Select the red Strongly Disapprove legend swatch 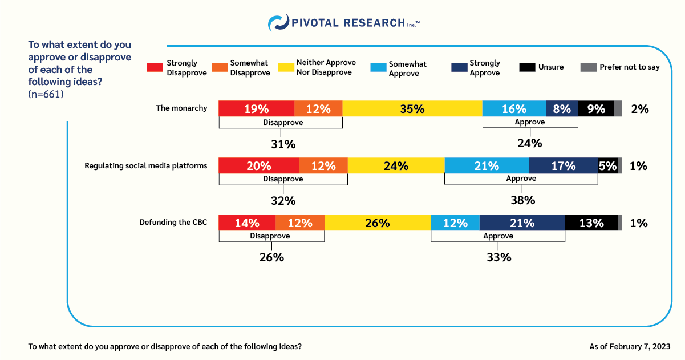pyautogui.click(x=155, y=67)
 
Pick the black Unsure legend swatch pyautogui.click(x=526, y=67)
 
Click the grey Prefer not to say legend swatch pyautogui.click(x=587, y=67)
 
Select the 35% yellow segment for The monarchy pyautogui.click(x=412, y=108)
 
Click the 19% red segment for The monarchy pyautogui.click(x=257, y=108)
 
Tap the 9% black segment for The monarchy pyautogui.click(x=595, y=108)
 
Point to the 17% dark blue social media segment pyautogui.click(x=564, y=165)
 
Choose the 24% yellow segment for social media pyautogui.click(x=396, y=165)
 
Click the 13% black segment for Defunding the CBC pyautogui.click(x=591, y=223)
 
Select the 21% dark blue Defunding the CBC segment pyautogui.click(x=522, y=223)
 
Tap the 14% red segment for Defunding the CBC pyautogui.click(x=247, y=223)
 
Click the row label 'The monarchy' pyautogui.click(x=181, y=108)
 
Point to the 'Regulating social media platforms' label pyautogui.click(x=145, y=165)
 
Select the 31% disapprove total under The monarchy pyautogui.click(x=283, y=144)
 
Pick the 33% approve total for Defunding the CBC pyautogui.click(x=498, y=257)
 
